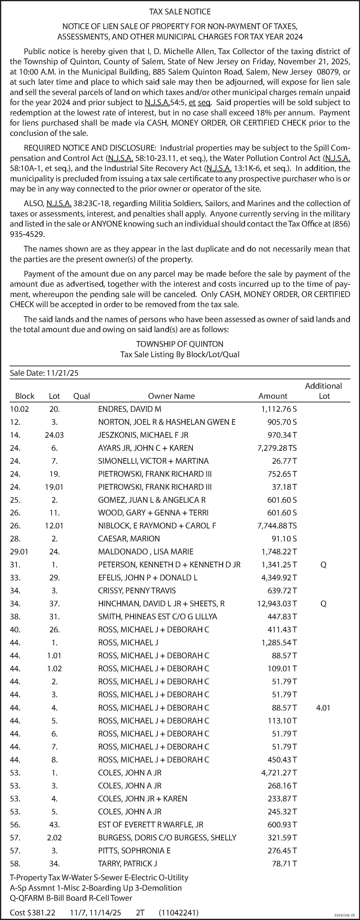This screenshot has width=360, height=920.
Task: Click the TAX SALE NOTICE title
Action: tap(180, 12)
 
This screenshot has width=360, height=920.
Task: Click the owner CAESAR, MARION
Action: tap(129, 539)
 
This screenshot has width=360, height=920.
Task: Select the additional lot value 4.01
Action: tap(323, 708)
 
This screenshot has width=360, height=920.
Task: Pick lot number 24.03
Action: tap(54, 435)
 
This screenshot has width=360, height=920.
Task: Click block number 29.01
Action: tap(19, 552)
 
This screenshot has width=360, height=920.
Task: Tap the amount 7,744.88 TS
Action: tap(277, 526)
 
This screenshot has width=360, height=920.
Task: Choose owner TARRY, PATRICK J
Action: tap(127, 863)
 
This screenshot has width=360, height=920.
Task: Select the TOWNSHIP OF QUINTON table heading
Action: tap(180, 344)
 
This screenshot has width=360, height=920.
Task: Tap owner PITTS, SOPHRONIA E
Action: tap(134, 851)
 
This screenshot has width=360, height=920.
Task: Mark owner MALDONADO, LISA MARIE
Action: tap(146, 552)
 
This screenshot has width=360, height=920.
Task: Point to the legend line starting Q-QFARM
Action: tap(71, 898)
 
